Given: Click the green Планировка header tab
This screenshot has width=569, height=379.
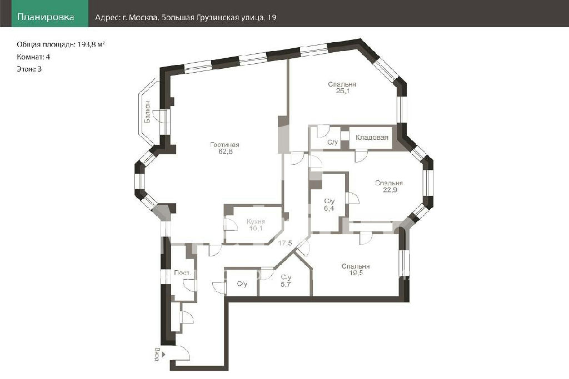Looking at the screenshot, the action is click(49, 13).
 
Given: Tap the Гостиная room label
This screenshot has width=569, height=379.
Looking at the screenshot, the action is click(224, 145).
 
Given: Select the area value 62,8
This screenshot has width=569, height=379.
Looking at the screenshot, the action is click(226, 151).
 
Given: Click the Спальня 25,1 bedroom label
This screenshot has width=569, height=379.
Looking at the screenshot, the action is click(342, 87).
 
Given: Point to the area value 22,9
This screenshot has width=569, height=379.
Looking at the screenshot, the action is click(390, 190).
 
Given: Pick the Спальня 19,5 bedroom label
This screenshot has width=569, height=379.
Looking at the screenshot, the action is click(356, 270).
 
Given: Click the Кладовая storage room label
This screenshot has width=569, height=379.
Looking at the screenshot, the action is click(372, 137).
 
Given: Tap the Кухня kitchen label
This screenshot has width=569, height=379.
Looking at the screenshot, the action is click(256, 221).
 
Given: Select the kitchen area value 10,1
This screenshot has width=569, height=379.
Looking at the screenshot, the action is click(256, 228).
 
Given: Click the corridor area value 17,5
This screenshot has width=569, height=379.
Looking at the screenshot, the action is click(285, 243).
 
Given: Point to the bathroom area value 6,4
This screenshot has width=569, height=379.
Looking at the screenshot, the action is click(329, 208).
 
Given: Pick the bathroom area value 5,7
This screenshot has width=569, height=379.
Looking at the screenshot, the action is click(286, 285).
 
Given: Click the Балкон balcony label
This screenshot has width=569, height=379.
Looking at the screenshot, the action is click(147, 112).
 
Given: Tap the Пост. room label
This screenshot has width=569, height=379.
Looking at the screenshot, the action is click(182, 273).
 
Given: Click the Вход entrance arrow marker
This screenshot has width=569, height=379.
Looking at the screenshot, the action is click(163, 355).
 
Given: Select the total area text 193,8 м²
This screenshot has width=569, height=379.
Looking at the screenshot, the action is click(91, 44).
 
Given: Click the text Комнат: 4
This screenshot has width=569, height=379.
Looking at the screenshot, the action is click(33, 57).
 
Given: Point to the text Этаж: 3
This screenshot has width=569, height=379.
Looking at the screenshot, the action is click(29, 69).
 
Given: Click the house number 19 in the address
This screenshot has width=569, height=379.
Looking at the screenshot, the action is click(272, 17).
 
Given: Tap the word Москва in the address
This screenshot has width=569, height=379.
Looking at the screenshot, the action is click(143, 17).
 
